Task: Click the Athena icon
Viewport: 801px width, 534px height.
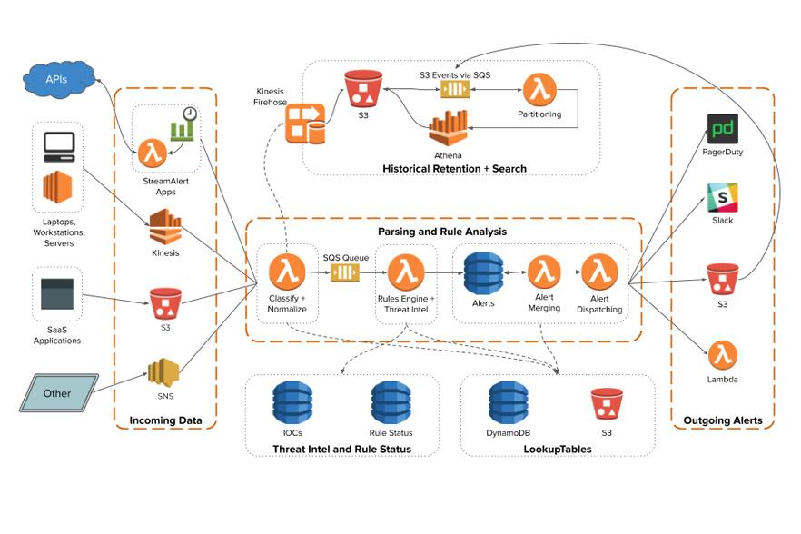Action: click(x=449, y=128)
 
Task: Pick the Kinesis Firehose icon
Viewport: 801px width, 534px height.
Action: click(x=305, y=124)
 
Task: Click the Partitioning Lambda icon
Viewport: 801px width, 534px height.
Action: click(x=539, y=91)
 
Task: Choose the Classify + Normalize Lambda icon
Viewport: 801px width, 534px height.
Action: click(x=287, y=272)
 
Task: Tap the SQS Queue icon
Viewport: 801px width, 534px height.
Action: click(x=345, y=272)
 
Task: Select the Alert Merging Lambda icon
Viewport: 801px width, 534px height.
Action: click(x=544, y=272)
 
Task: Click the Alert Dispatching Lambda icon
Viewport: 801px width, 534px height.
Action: click(x=599, y=272)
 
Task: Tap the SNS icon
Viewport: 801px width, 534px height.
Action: click(x=164, y=373)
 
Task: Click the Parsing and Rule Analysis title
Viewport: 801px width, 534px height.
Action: click(x=442, y=232)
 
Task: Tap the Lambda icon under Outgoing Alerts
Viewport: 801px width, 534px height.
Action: click(x=722, y=355)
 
